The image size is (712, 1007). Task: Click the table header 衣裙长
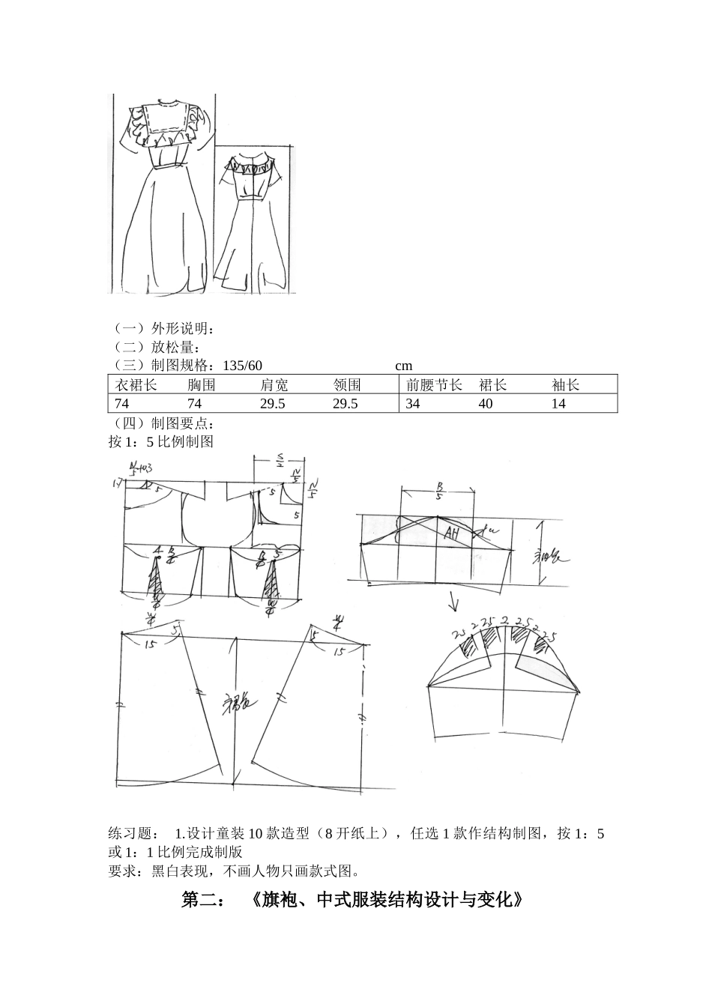point(136,385)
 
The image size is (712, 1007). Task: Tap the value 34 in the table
point(413,404)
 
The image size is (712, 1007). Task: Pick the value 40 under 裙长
point(486,404)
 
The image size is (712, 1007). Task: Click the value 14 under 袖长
point(559,404)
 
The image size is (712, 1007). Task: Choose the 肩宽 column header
point(274,385)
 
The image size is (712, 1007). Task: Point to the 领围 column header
point(347,385)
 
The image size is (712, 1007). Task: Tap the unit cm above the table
point(404,366)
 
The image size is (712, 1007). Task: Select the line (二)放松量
point(155,348)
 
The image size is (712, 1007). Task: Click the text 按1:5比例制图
point(161,441)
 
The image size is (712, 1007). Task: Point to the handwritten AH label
point(451,533)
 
